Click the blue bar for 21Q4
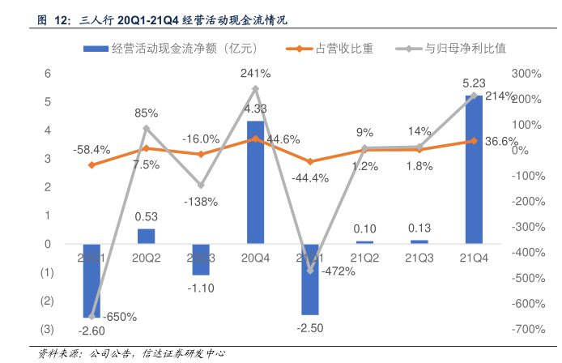point(474,169)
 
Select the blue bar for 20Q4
point(255,182)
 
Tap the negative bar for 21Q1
point(309,279)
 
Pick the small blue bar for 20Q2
point(146,236)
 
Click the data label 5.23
point(474,83)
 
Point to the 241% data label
point(255,74)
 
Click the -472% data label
point(338,271)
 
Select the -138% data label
point(201,201)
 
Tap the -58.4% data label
point(92,150)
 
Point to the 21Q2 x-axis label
point(364,258)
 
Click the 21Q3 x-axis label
point(419,258)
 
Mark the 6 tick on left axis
point(48,74)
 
